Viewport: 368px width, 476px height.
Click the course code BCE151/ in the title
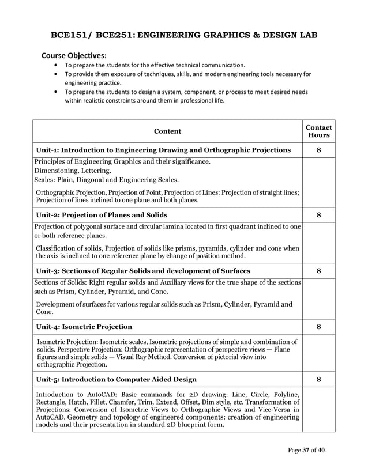coord(75,35)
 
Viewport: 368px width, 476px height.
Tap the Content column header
coord(167,131)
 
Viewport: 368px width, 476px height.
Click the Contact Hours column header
coord(318,131)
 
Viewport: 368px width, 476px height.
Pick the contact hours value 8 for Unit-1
coord(318,150)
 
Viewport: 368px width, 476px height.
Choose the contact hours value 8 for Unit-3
coord(318,271)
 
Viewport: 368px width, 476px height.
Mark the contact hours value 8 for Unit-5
coord(318,379)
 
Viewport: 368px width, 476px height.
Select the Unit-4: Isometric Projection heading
coord(84,327)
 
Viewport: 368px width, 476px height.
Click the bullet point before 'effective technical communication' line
coord(55,65)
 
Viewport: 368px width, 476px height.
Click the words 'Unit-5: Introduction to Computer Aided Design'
coord(116,379)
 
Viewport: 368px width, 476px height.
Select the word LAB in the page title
coord(306,35)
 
